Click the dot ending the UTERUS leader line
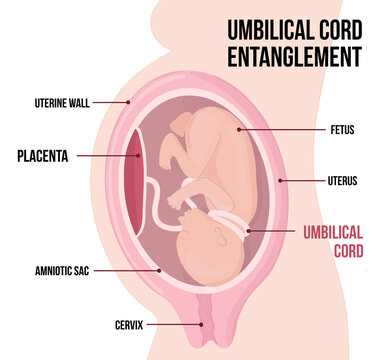(280, 181)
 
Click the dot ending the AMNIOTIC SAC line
(158, 270)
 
